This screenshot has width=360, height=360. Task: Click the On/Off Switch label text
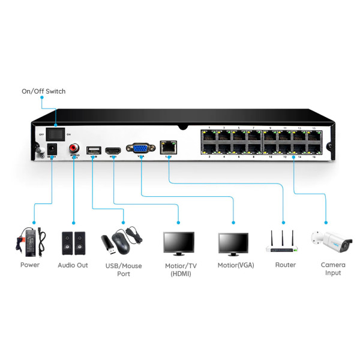(43, 91)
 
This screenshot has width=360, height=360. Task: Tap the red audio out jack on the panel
(74, 147)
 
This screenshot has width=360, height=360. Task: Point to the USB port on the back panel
(93, 150)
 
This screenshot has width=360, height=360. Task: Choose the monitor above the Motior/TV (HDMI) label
(178, 243)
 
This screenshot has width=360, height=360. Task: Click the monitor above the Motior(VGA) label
(233, 244)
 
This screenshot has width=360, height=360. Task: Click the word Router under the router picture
(285, 265)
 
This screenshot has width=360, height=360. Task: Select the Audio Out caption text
(73, 265)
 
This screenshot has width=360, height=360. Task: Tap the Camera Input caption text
(332, 269)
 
